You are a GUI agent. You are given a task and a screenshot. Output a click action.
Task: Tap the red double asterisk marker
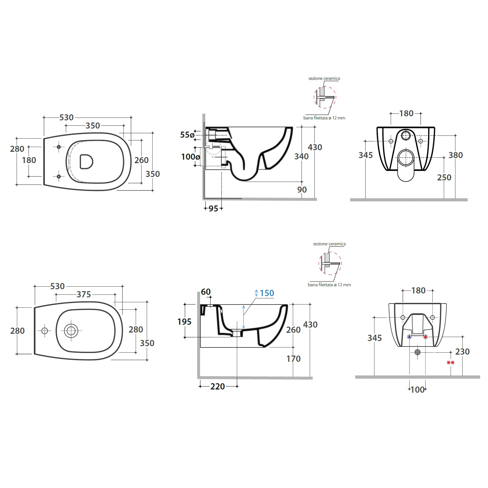pos(451,362)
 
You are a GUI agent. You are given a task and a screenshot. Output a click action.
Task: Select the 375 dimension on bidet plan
pos(84,294)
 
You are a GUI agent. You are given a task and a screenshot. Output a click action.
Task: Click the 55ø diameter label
pos(187,135)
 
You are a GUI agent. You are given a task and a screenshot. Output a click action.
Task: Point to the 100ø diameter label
pos(191,157)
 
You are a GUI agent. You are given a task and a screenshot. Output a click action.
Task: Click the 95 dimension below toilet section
pos(213,209)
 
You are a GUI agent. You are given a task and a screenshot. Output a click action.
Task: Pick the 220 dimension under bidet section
pos(218,386)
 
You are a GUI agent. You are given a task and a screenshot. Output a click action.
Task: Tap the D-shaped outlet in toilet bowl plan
pos(87,161)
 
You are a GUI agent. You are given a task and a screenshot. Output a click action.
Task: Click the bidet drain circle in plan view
pos(71,331)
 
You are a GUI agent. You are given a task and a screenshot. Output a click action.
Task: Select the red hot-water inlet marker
pos(425,337)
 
